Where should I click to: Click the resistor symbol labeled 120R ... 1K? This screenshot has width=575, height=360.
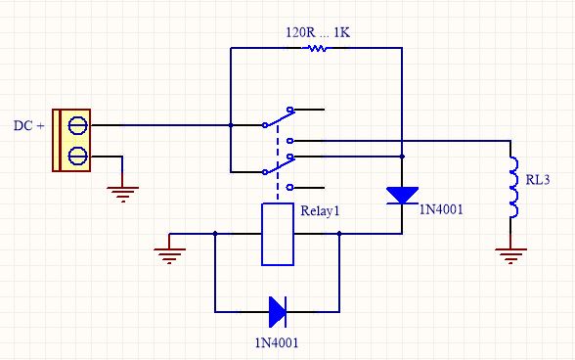(x=318, y=48)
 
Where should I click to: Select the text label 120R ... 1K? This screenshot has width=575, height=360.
(x=318, y=32)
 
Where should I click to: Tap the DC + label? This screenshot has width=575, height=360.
(x=29, y=125)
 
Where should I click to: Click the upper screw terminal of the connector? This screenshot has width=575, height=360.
(x=78, y=125)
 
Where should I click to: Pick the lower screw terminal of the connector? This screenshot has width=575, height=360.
(x=78, y=156)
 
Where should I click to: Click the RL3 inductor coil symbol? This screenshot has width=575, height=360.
(x=513, y=187)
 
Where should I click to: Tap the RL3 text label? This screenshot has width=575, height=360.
(x=538, y=180)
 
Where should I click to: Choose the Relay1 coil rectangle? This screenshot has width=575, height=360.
(x=278, y=234)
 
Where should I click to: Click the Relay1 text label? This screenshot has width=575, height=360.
(x=320, y=211)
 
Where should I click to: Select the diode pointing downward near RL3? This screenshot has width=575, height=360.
(x=402, y=196)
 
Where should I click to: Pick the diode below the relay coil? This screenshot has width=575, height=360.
(x=278, y=312)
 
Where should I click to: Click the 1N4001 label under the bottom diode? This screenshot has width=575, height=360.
(x=277, y=342)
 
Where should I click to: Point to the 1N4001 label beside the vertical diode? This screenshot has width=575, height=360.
(x=441, y=209)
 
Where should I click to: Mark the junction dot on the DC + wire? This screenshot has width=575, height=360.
(x=231, y=125)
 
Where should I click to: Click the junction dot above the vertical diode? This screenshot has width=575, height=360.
(x=402, y=157)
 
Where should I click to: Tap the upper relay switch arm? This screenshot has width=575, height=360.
(x=279, y=118)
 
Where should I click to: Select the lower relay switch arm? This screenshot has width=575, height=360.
(x=279, y=165)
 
